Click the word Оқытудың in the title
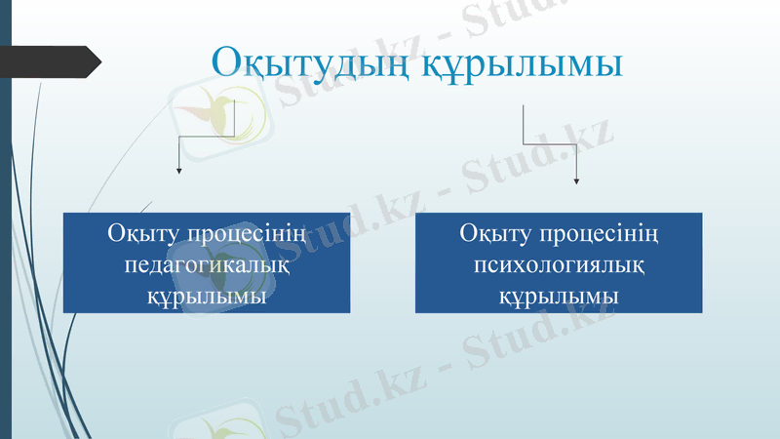tap(312, 62)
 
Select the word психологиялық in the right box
tap(559, 264)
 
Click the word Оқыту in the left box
tap(142, 235)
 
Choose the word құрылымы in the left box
tap(207, 294)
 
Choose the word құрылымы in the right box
tap(559, 294)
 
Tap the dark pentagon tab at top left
tap(54, 60)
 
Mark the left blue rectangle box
tap(207, 262)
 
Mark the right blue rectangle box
tap(559, 262)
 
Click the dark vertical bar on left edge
tap(5, 244)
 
